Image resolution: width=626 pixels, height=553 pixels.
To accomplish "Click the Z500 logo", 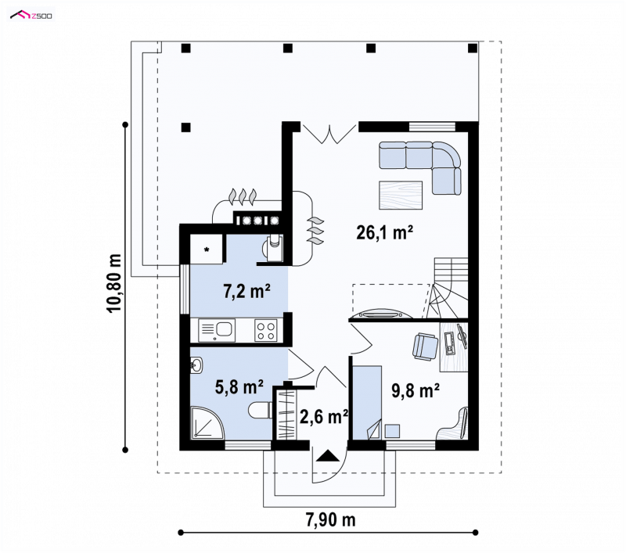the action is (31, 16).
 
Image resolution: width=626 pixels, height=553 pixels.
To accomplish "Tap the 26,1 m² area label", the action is (384, 232).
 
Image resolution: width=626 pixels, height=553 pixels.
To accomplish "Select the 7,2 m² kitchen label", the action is (246, 291).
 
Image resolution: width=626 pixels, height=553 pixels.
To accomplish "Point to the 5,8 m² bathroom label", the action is (239, 386).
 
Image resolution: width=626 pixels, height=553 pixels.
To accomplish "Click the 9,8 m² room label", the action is (416, 390).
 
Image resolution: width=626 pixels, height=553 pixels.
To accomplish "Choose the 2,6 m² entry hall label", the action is (324, 417).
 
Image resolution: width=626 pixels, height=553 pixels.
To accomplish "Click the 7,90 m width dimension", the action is (330, 519).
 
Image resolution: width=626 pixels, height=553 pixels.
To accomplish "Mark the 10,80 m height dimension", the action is (114, 283).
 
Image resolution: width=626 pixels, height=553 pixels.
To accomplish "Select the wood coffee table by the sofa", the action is (401, 195).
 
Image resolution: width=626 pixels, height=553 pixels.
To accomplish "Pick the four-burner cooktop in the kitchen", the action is (266, 330).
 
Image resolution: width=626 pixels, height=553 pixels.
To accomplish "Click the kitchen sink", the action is (217, 330).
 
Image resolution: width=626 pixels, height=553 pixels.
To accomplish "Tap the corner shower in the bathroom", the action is (207, 423).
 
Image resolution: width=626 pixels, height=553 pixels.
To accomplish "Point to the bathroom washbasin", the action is (196, 365).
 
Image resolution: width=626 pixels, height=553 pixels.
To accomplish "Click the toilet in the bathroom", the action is (261, 411).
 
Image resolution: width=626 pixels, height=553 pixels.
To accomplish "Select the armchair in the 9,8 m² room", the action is (425, 347).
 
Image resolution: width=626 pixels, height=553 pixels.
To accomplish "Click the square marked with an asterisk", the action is (207, 250).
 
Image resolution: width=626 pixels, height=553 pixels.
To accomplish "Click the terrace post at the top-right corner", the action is (473, 48).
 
